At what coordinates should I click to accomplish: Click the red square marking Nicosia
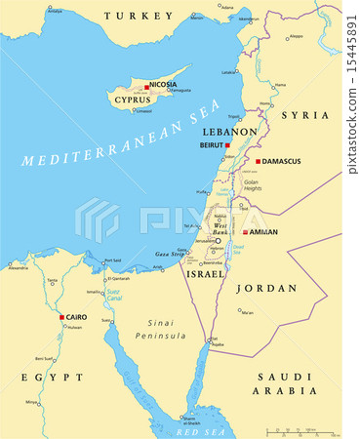(146, 87)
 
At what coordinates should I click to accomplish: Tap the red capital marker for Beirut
(227, 145)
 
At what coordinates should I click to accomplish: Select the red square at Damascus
(259, 161)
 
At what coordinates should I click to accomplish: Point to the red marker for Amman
(246, 232)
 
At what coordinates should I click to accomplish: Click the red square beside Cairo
(61, 316)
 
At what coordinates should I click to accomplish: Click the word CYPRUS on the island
(132, 100)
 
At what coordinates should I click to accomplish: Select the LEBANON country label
(229, 131)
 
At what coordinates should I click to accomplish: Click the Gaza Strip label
(169, 253)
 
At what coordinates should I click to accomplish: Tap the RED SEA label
(198, 429)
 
